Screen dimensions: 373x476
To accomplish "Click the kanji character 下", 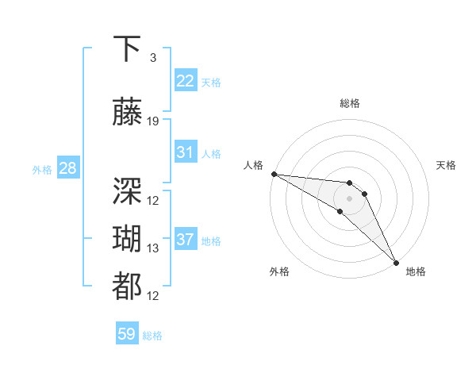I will pyautogui.click(x=129, y=50).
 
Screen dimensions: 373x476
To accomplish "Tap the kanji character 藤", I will pyautogui.click(x=129, y=112).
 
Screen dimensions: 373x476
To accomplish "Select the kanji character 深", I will pyautogui.click(x=129, y=190).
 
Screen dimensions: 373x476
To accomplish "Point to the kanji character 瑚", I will pyautogui.click(x=129, y=239).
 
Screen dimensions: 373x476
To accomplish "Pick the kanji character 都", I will pyautogui.click(x=129, y=286).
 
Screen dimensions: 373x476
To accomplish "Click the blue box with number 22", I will pyautogui.click(x=186, y=81).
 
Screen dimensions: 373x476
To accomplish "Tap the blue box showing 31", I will pyautogui.click(x=186, y=152).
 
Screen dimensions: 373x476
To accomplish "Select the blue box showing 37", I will pyautogui.click(x=186, y=240).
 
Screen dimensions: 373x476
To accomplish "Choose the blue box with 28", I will pyautogui.click(x=67, y=168).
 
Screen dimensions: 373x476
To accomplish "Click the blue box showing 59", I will pyautogui.click(x=127, y=334).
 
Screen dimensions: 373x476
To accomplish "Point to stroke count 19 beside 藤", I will pyautogui.click(x=153, y=121).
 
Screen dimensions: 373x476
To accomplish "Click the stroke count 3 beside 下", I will pyautogui.click(x=153, y=58).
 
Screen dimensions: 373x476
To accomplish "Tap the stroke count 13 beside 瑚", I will pyautogui.click(x=153, y=248).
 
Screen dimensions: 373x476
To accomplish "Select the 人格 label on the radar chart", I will pyautogui.click(x=254, y=165).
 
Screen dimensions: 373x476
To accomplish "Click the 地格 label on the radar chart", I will pyautogui.click(x=416, y=271).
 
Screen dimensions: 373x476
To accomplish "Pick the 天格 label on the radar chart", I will pyautogui.click(x=446, y=165).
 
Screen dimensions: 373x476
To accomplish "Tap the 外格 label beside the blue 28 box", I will pyautogui.click(x=42, y=169).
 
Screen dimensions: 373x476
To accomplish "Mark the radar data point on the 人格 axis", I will pyautogui.click(x=274, y=174).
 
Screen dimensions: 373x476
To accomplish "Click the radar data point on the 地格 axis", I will pyautogui.click(x=396, y=262).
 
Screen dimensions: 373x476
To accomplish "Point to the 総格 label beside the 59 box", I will pyautogui.click(x=152, y=336).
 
